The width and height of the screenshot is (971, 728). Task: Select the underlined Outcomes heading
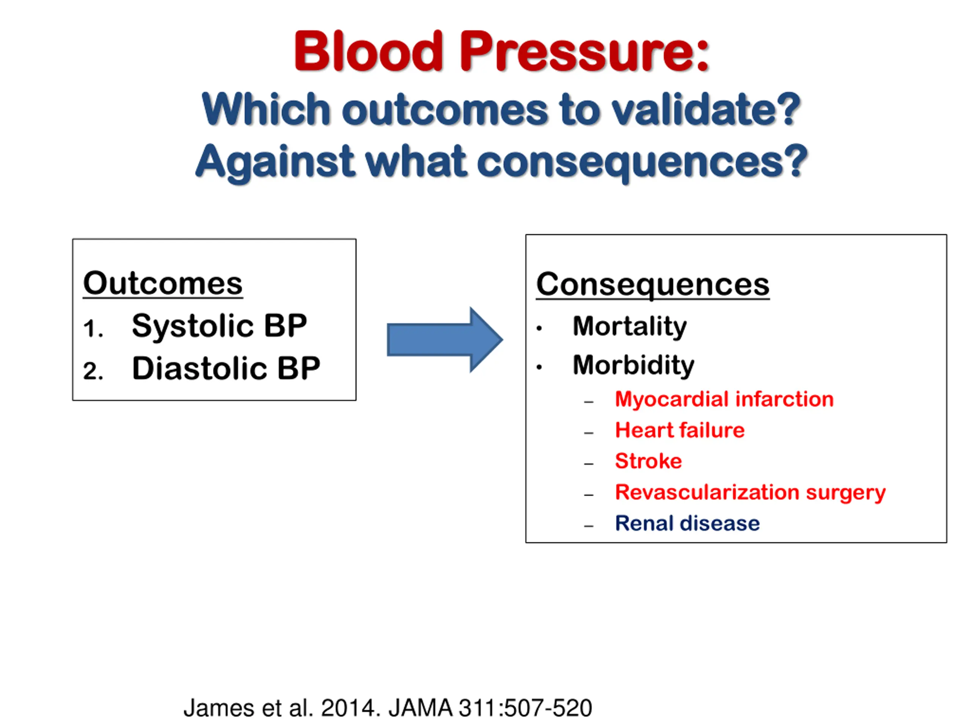pyautogui.click(x=163, y=284)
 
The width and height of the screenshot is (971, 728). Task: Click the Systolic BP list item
pyautogui.click(x=219, y=326)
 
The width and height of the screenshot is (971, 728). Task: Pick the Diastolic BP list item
pyautogui.click(x=226, y=368)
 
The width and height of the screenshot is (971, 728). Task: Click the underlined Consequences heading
pyautogui.click(x=652, y=285)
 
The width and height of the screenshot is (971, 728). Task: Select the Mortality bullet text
pyautogui.click(x=630, y=326)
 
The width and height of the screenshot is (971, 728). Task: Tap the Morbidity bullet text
pyautogui.click(x=633, y=365)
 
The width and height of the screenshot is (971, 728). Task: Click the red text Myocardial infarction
pyautogui.click(x=724, y=399)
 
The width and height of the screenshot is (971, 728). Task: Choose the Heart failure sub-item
pyautogui.click(x=680, y=430)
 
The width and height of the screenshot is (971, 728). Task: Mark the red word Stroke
pyautogui.click(x=648, y=461)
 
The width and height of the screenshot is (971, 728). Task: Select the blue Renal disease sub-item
pyautogui.click(x=687, y=523)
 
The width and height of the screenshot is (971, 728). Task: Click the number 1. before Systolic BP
pyautogui.click(x=93, y=329)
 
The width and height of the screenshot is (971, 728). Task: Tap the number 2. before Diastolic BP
pyautogui.click(x=93, y=371)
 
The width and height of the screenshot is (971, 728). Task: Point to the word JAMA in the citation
pyautogui.click(x=420, y=708)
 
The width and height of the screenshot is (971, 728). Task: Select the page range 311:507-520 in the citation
pyautogui.click(x=525, y=708)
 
